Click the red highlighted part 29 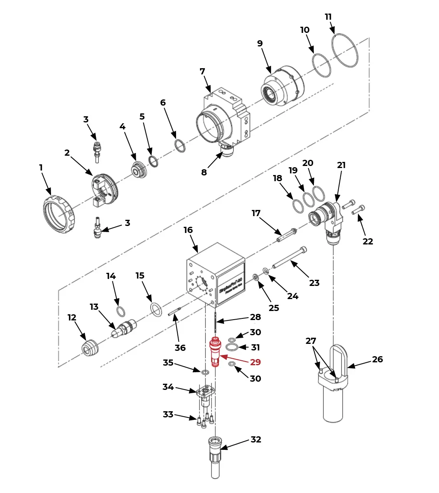click(x=215, y=352)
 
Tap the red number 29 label click(x=256, y=362)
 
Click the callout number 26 click(x=377, y=359)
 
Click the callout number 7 click(x=202, y=71)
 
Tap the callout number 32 click(x=256, y=439)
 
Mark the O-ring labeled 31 click(x=232, y=348)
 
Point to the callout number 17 click(x=256, y=213)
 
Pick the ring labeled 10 click(x=322, y=65)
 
